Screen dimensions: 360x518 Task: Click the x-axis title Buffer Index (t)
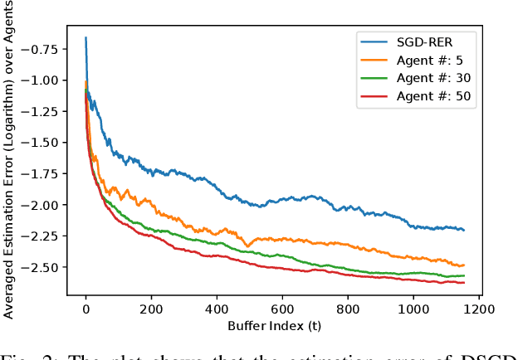[282, 325]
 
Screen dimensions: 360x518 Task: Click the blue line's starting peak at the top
[86, 37]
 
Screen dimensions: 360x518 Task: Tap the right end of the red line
[463, 282]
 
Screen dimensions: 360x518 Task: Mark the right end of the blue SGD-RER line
[463, 230]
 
